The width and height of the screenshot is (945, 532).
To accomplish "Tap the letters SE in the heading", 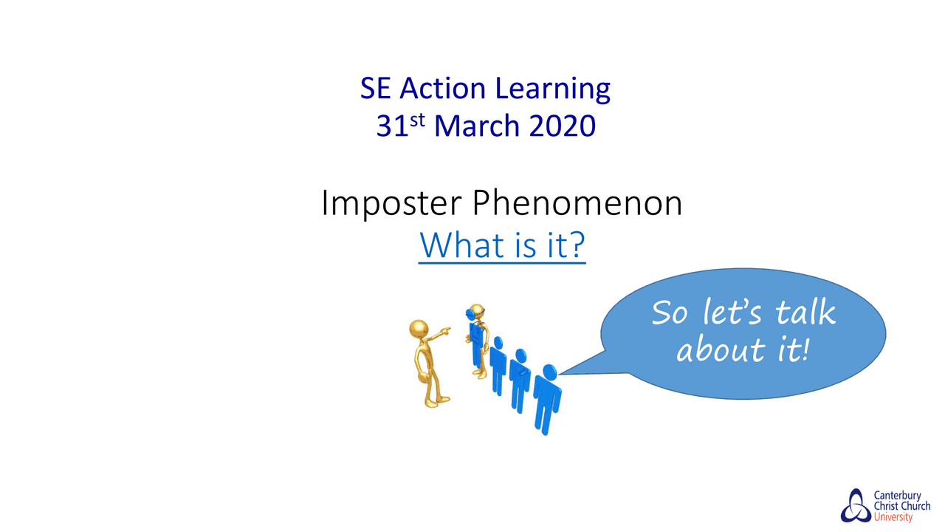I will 377,89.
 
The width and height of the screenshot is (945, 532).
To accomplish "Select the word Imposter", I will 391,205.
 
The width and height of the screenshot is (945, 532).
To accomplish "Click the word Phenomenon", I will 577,205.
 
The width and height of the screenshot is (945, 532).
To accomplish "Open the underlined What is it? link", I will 502,246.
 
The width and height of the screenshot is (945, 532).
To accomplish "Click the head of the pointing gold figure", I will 419,328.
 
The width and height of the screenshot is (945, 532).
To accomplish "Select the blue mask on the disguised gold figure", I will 475,314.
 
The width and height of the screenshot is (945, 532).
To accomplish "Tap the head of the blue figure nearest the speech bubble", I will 549,371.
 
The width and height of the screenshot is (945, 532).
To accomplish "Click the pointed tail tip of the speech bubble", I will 560,374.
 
